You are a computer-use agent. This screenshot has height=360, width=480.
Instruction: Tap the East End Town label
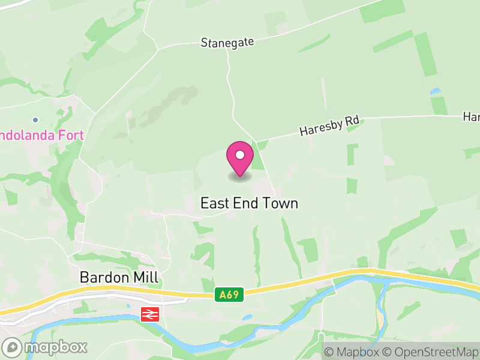click(249, 203)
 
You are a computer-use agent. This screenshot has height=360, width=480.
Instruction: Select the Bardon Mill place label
click(119, 277)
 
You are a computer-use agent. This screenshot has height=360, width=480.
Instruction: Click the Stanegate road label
click(227, 42)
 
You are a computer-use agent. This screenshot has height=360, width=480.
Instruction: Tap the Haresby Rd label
click(329, 125)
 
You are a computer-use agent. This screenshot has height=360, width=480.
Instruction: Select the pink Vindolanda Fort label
click(41, 135)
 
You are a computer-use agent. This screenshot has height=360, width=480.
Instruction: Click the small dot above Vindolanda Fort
click(35, 120)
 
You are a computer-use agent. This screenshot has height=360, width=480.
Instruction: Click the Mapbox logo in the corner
click(45, 347)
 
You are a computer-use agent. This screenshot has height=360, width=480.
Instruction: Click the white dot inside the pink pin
click(240, 155)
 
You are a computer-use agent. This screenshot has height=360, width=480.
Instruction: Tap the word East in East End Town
click(214, 203)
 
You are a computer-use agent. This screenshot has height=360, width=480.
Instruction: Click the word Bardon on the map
click(104, 277)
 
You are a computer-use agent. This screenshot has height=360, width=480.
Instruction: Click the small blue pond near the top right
click(434, 91)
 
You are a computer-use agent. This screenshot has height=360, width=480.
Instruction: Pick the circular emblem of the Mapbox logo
click(12, 347)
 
